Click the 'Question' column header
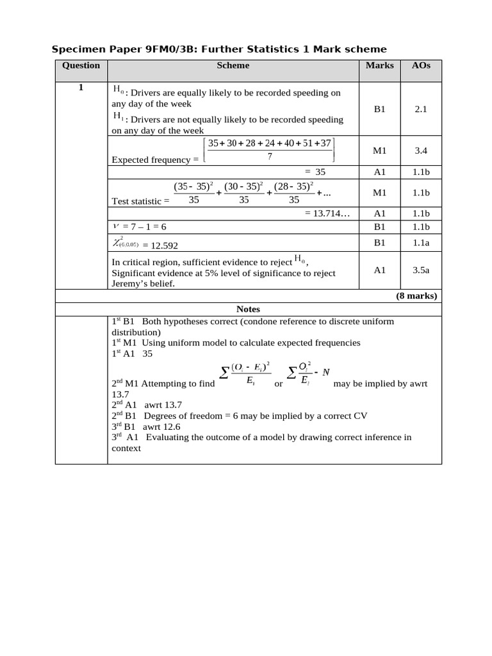coord(81,65)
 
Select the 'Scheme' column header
coord(233,65)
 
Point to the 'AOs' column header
coord(420,65)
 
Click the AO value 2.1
coord(420,110)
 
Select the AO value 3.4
coord(420,151)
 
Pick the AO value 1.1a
coord(420,242)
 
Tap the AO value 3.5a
coord(420,270)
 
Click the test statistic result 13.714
coord(327,213)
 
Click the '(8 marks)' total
coord(415,295)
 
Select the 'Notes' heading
coord(248,309)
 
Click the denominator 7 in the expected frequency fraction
coord(269,156)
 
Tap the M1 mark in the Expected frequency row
coord(380,151)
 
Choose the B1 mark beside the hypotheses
coord(380,110)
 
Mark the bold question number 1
coord(81,88)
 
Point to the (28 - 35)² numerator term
coord(293,186)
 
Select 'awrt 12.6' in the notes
coord(163,426)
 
